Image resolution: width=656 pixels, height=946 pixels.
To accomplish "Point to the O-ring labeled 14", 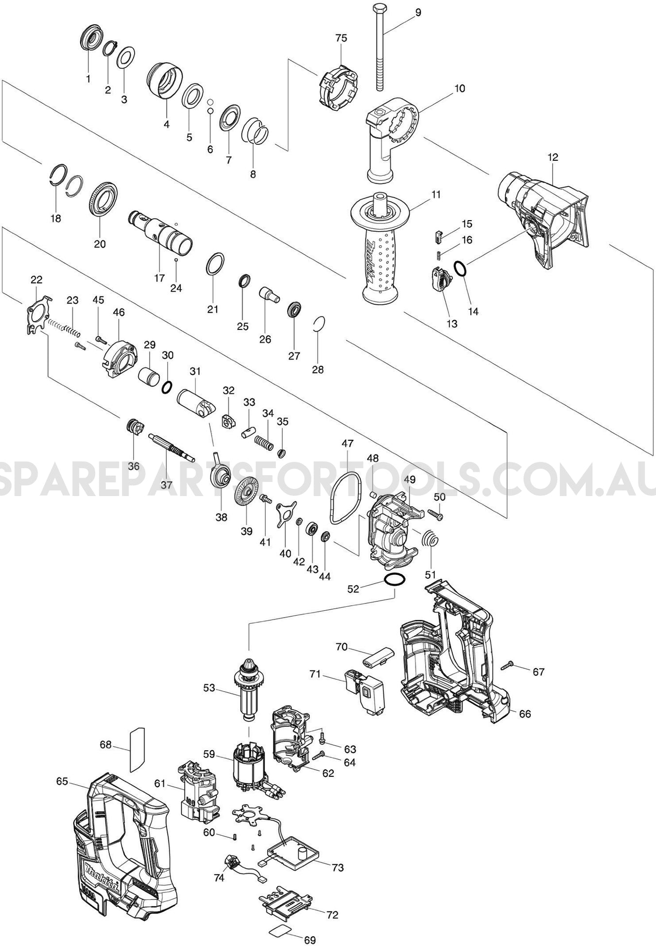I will point(461,268).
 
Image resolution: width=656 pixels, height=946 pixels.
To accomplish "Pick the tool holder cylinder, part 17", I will point(161,233).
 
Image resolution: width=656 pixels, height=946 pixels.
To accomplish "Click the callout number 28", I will point(317,370).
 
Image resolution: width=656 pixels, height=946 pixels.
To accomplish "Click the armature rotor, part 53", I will point(248,690).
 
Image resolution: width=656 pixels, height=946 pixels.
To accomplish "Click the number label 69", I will point(310,940).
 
